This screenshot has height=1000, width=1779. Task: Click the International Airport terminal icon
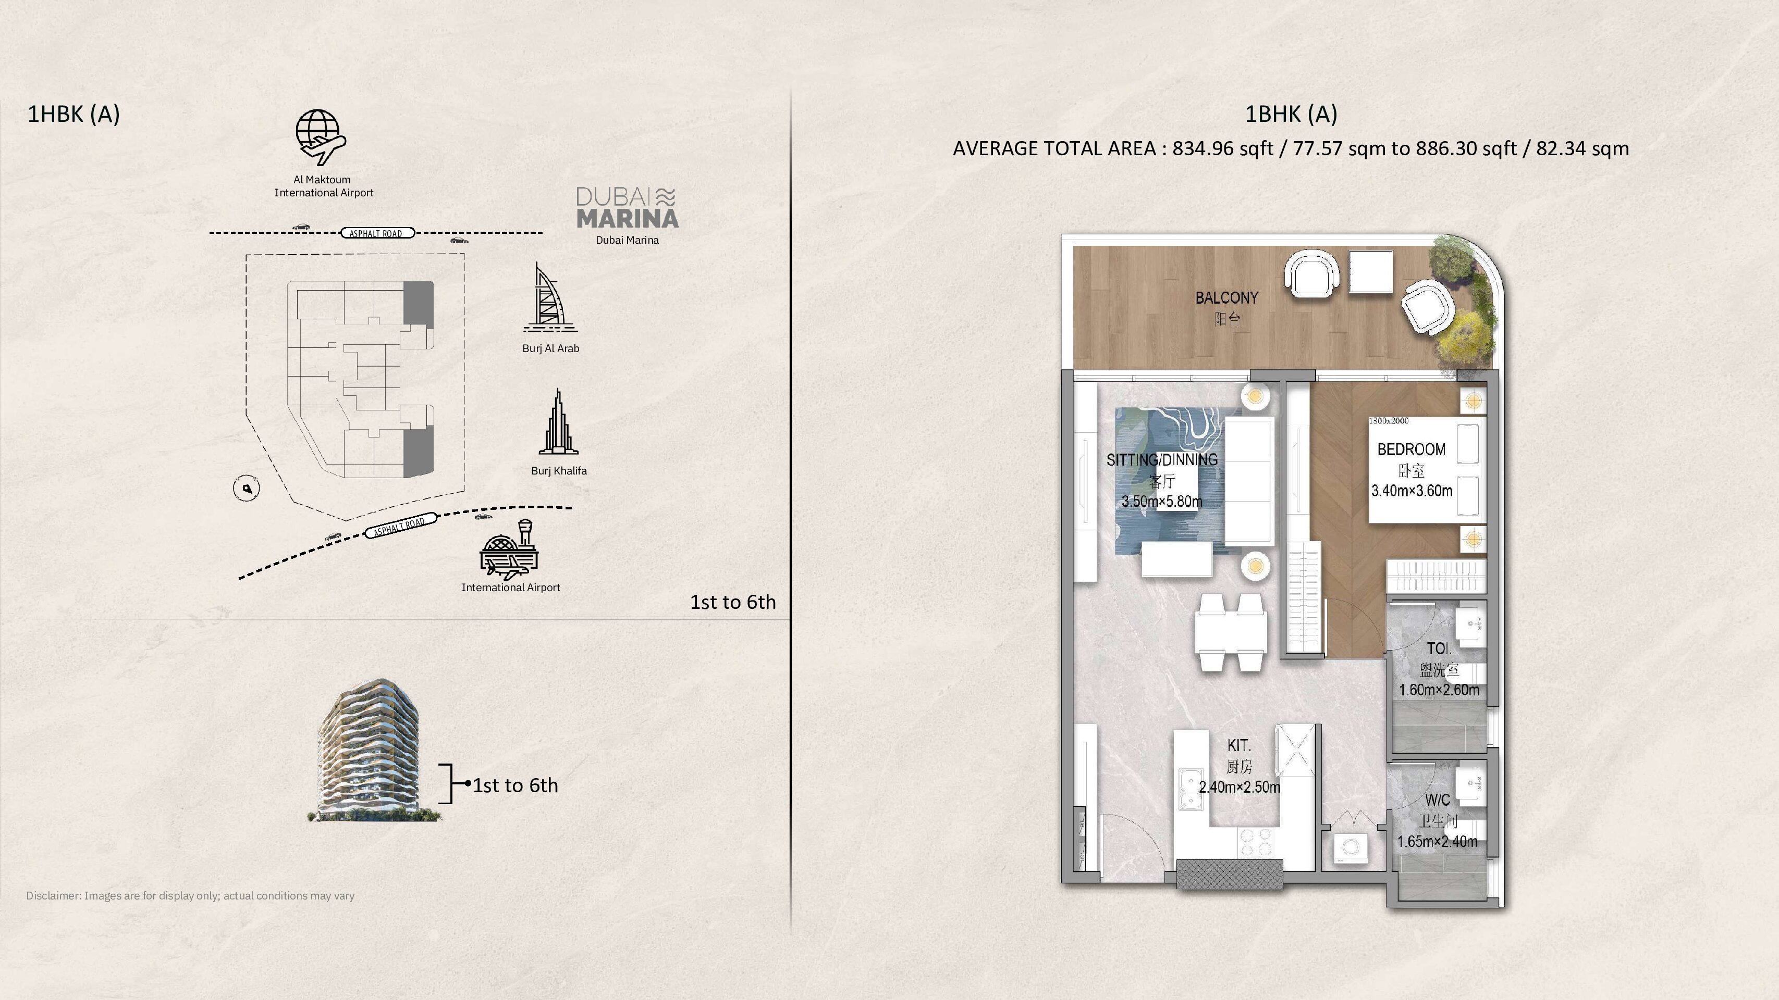click(511, 551)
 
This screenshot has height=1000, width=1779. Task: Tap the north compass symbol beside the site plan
click(247, 489)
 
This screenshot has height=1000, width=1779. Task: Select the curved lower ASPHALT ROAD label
click(400, 525)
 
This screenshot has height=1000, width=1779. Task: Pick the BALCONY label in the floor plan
click(1226, 298)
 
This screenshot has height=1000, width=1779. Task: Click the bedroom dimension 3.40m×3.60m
click(1411, 491)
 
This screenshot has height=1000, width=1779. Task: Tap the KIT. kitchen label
click(1239, 745)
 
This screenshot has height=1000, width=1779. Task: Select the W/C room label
click(1438, 800)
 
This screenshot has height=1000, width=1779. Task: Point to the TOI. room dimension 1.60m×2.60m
click(1439, 690)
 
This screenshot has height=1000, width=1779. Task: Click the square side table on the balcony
click(1371, 272)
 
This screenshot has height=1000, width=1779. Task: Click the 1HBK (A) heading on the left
click(73, 114)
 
